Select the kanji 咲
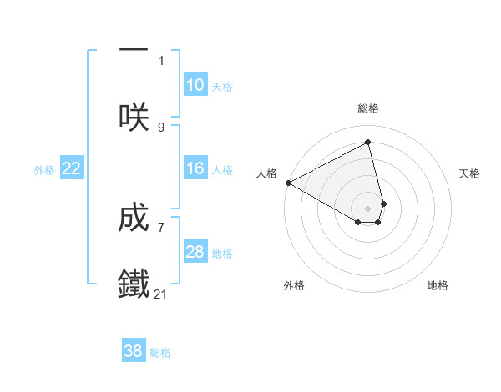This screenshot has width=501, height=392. (x=134, y=118)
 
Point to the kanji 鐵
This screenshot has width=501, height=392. (x=134, y=284)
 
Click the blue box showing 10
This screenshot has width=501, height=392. (x=195, y=85)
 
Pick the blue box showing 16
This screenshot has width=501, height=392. (x=195, y=169)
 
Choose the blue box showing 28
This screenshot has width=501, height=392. (x=195, y=253)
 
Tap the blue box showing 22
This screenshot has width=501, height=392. (x=72, y=169)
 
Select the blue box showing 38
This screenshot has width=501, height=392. (x=134, y=351)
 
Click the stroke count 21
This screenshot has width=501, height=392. (x=161, y=294)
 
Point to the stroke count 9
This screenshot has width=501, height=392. (x=161, y=127)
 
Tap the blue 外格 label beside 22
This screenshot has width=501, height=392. (x=44, y=170)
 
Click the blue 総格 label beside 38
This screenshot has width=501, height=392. (x=160, y=353)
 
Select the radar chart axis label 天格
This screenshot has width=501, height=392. (x=469, y=173)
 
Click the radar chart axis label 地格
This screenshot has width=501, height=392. (x=438, y=285)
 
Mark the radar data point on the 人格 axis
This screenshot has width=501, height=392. (x=288, y=183)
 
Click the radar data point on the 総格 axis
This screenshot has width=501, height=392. (x=367, y=143)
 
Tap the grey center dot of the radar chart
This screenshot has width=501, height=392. (x=367, y=208)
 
